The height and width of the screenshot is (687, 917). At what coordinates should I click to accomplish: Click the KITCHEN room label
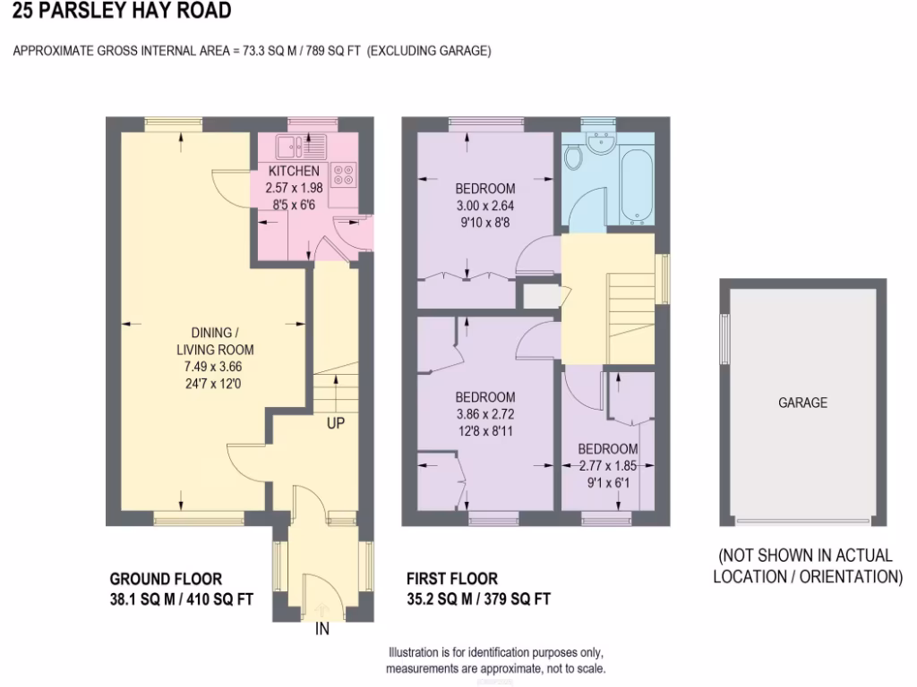click(x=293, y=171)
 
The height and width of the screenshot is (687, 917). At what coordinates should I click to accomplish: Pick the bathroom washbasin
click(x=599, y=141)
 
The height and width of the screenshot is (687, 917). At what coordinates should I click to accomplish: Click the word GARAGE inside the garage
click(x=802, y=403)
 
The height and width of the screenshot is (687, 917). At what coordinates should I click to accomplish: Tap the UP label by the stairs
click(x=335, y=423)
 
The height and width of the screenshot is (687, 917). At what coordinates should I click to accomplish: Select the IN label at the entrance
click(x=322, y=629)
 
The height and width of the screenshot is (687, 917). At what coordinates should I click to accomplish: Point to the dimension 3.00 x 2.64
click(x=484, y=205)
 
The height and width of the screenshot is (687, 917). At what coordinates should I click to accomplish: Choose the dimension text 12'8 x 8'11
click(x=485, y=431)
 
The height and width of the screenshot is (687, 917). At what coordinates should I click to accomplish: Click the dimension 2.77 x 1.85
click(x=607, y=466)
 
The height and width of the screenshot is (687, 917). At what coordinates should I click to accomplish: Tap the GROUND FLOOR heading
click(x=166, y=580)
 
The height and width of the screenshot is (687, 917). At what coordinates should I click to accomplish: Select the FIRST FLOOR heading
click(x=451, y=580)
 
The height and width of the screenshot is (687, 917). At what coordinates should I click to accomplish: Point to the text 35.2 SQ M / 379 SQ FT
click(x=478, y=599)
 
